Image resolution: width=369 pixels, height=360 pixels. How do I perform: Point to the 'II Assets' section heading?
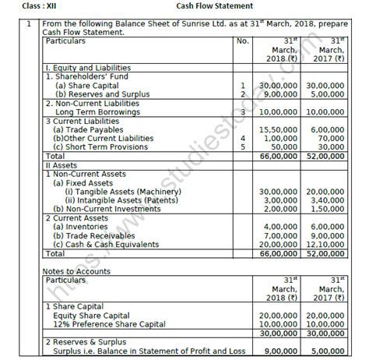point(62,161)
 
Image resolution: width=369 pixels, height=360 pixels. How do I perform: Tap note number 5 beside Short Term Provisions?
point(243,144)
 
